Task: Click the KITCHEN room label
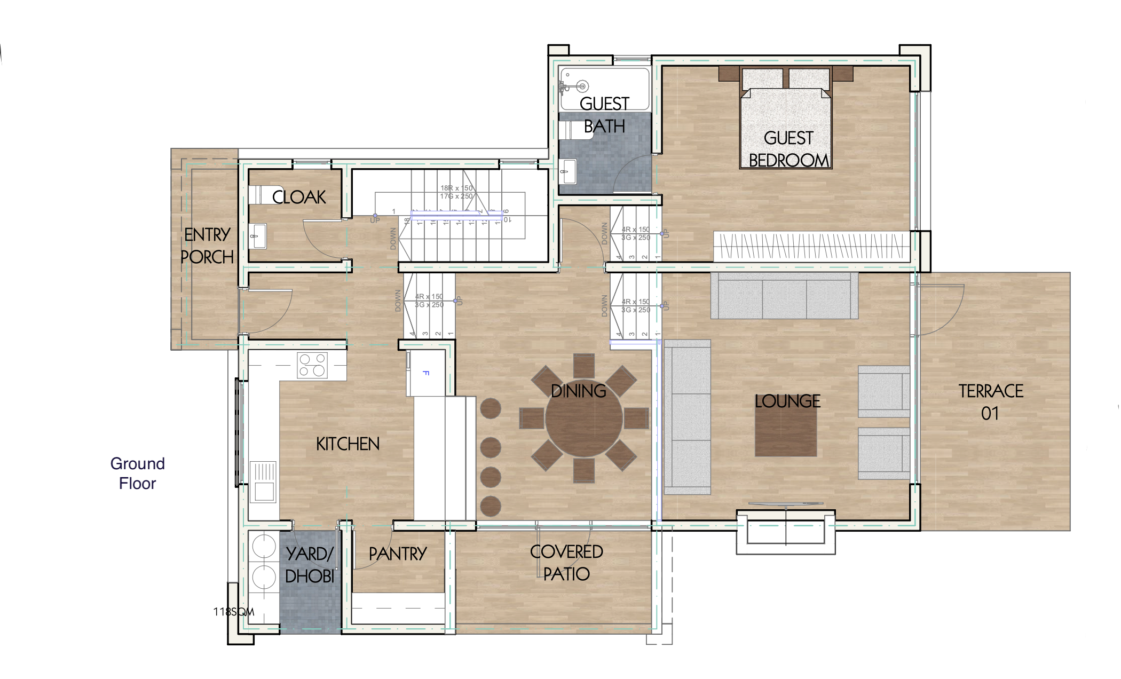click(348, 444)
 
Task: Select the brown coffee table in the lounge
click(786, 426)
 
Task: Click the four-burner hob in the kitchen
click(312, 365)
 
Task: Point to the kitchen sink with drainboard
click(263, 482)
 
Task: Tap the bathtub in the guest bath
click(604, 88)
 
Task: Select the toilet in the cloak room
click(263, 194)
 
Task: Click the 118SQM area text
click(234, 612)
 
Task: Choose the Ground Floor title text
click(137, 473)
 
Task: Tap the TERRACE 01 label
click(990, 401)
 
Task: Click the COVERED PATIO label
click(566, 563)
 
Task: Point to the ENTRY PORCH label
click(207, 246)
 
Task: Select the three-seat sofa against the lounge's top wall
click(784, 296)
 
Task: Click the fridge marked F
click(425, 373)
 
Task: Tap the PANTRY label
click(398, 554)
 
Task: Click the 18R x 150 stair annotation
click(456, 188)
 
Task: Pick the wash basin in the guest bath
click(569, 171)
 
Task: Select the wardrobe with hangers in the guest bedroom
click(811, 246)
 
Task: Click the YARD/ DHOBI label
click(310, 565)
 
